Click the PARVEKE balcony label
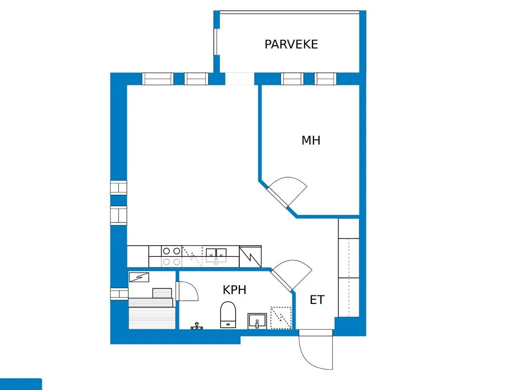pyautogui.click(x=291, y=44)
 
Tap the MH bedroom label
pyautogui.click(x=311, y=140)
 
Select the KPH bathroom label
pyautogui.click(x=234, y=290)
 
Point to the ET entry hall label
pyautogui.click(x=317, y=300)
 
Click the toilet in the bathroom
pyautogui.click(x=228, y=315)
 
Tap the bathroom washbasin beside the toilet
pyautogui.click(x=257, y=321)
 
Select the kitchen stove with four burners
pyautogui.click(x=171, y=256)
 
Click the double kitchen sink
pyautogui.click(x=216, y=255)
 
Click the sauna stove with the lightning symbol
pyautogui.click(x=139, y=277)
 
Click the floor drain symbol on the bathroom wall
pyautogui.click(x=197, y=326)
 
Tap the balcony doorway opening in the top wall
pyautogui.click(x=240, y=79)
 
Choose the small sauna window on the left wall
pyautogui.click(x=119, y=294)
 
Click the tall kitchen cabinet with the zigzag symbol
pyautogui.click(x=250, y=256)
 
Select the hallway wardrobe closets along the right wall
pyautogui.click(x=349, y=267)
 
